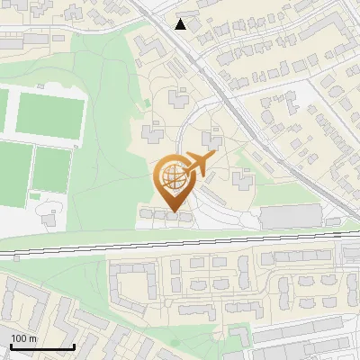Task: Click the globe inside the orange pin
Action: click(x=171, y=179)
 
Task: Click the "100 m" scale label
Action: click(x=23, y=337)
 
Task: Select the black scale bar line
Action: click(x=41, y=347)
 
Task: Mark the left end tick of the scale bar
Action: click(x=10, y=346)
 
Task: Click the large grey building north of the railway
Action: click(x=290, y=216)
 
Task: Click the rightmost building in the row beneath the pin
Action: click(x=184, y=216)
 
